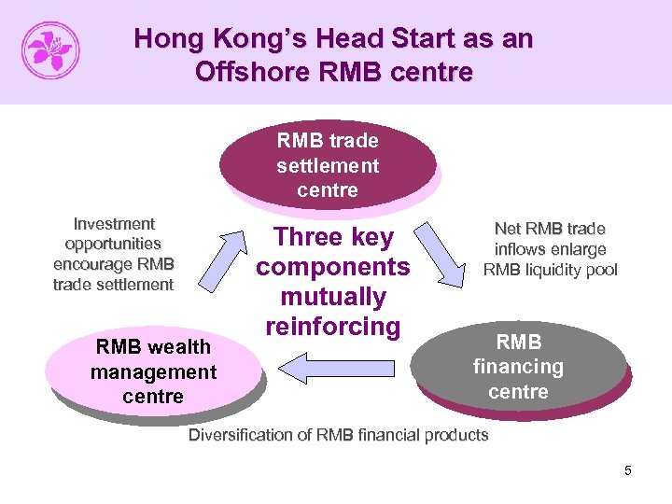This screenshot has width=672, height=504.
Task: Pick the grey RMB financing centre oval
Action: coord(518,366)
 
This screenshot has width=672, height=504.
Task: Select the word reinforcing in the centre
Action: coord(332,327)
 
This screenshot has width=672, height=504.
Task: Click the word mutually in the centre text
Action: coord(332,297)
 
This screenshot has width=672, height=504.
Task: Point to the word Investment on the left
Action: coord(114,224)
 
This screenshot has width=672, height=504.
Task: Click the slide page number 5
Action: coord(628,470)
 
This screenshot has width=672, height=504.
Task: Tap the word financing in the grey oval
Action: coord(518,367)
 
